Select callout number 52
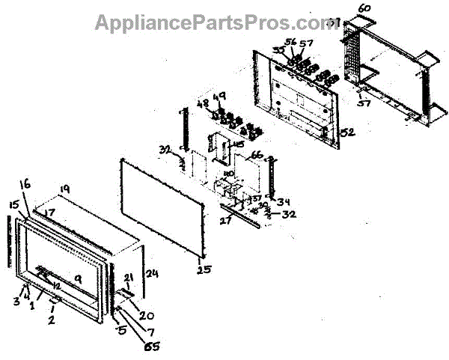pos(347,132)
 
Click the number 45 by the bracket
pos(239,144)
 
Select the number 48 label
pos(201,103)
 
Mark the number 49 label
pos(219,97)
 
